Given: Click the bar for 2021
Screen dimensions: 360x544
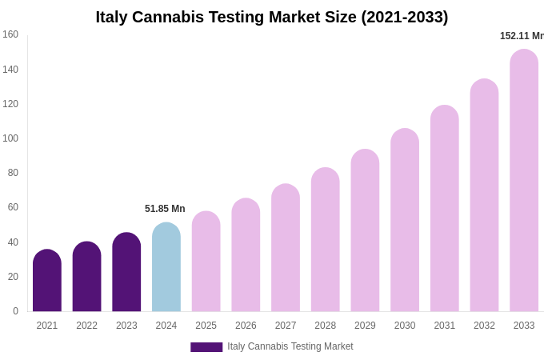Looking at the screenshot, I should [x=47, y=281].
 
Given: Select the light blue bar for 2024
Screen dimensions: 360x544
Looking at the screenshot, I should [x=166, y=267].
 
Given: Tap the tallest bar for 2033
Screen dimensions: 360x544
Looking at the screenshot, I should [x=524, y=181].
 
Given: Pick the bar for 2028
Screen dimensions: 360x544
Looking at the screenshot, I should [x=326, y=240].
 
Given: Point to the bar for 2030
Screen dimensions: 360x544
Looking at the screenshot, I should [x=405, y=220].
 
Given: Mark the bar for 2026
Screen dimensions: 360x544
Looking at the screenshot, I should [x=246, y=255].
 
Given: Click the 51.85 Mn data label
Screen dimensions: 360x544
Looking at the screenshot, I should [x=165, y=209].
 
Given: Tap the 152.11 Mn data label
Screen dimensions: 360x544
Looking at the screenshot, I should [x=522, y=36].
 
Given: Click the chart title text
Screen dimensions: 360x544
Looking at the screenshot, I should [x=272, y=17].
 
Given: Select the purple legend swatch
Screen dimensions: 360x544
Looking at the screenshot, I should [x=206, y=347].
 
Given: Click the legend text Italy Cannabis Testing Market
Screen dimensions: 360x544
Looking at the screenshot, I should [x=290, y=346].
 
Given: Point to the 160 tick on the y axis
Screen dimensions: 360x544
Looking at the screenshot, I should [x=10, y=34].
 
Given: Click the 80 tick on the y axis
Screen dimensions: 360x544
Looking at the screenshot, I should [x=13, y=173].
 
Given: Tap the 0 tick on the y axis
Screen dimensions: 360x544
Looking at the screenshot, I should [x=15, y=311].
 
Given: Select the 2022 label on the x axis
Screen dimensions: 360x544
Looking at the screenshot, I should [x=87, y=326].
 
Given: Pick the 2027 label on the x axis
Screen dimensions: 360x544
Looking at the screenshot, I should [x=286, y=326].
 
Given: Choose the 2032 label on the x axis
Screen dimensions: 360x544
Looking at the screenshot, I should [x=484, y=326].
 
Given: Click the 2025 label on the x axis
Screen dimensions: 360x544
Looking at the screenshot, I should [x=206, y=326].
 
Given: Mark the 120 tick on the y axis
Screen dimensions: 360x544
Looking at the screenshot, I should [x=10, y=104].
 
